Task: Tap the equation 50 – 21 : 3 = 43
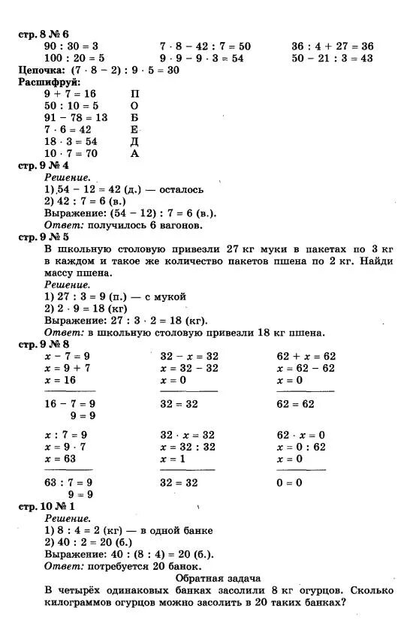click(x=333, y=58)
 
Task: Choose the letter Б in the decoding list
click(x=135, y=117)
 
